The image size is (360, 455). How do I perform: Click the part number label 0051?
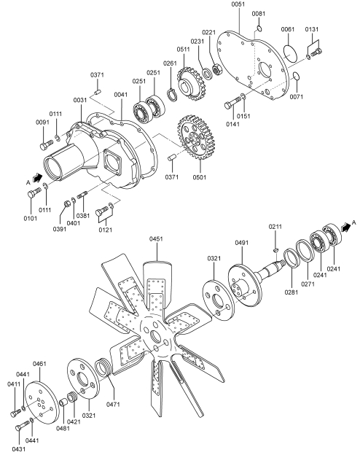(x=238, y=4)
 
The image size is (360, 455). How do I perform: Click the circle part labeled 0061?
(x=290, y=52)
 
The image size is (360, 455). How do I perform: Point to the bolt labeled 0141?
(x=232, y=103)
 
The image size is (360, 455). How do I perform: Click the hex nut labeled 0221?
(x=216, y=69)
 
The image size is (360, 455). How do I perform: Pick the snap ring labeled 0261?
(x=173, y=96)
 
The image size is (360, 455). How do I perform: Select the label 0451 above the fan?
(x=156, y=239)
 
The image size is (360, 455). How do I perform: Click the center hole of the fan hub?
(x=156, y=338)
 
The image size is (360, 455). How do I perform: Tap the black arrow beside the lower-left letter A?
(x=38, y=177)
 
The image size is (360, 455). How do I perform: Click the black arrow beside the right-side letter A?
(x=345, y=227)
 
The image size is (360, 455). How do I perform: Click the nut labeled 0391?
(x=67, y=203)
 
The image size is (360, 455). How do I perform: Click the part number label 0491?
(x=242, y=243)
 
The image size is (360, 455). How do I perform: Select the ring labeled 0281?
(x=291, y=258)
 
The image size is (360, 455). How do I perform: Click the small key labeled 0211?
(x=276, y=249)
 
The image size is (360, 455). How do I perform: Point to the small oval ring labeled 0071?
(x=296, y=76)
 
